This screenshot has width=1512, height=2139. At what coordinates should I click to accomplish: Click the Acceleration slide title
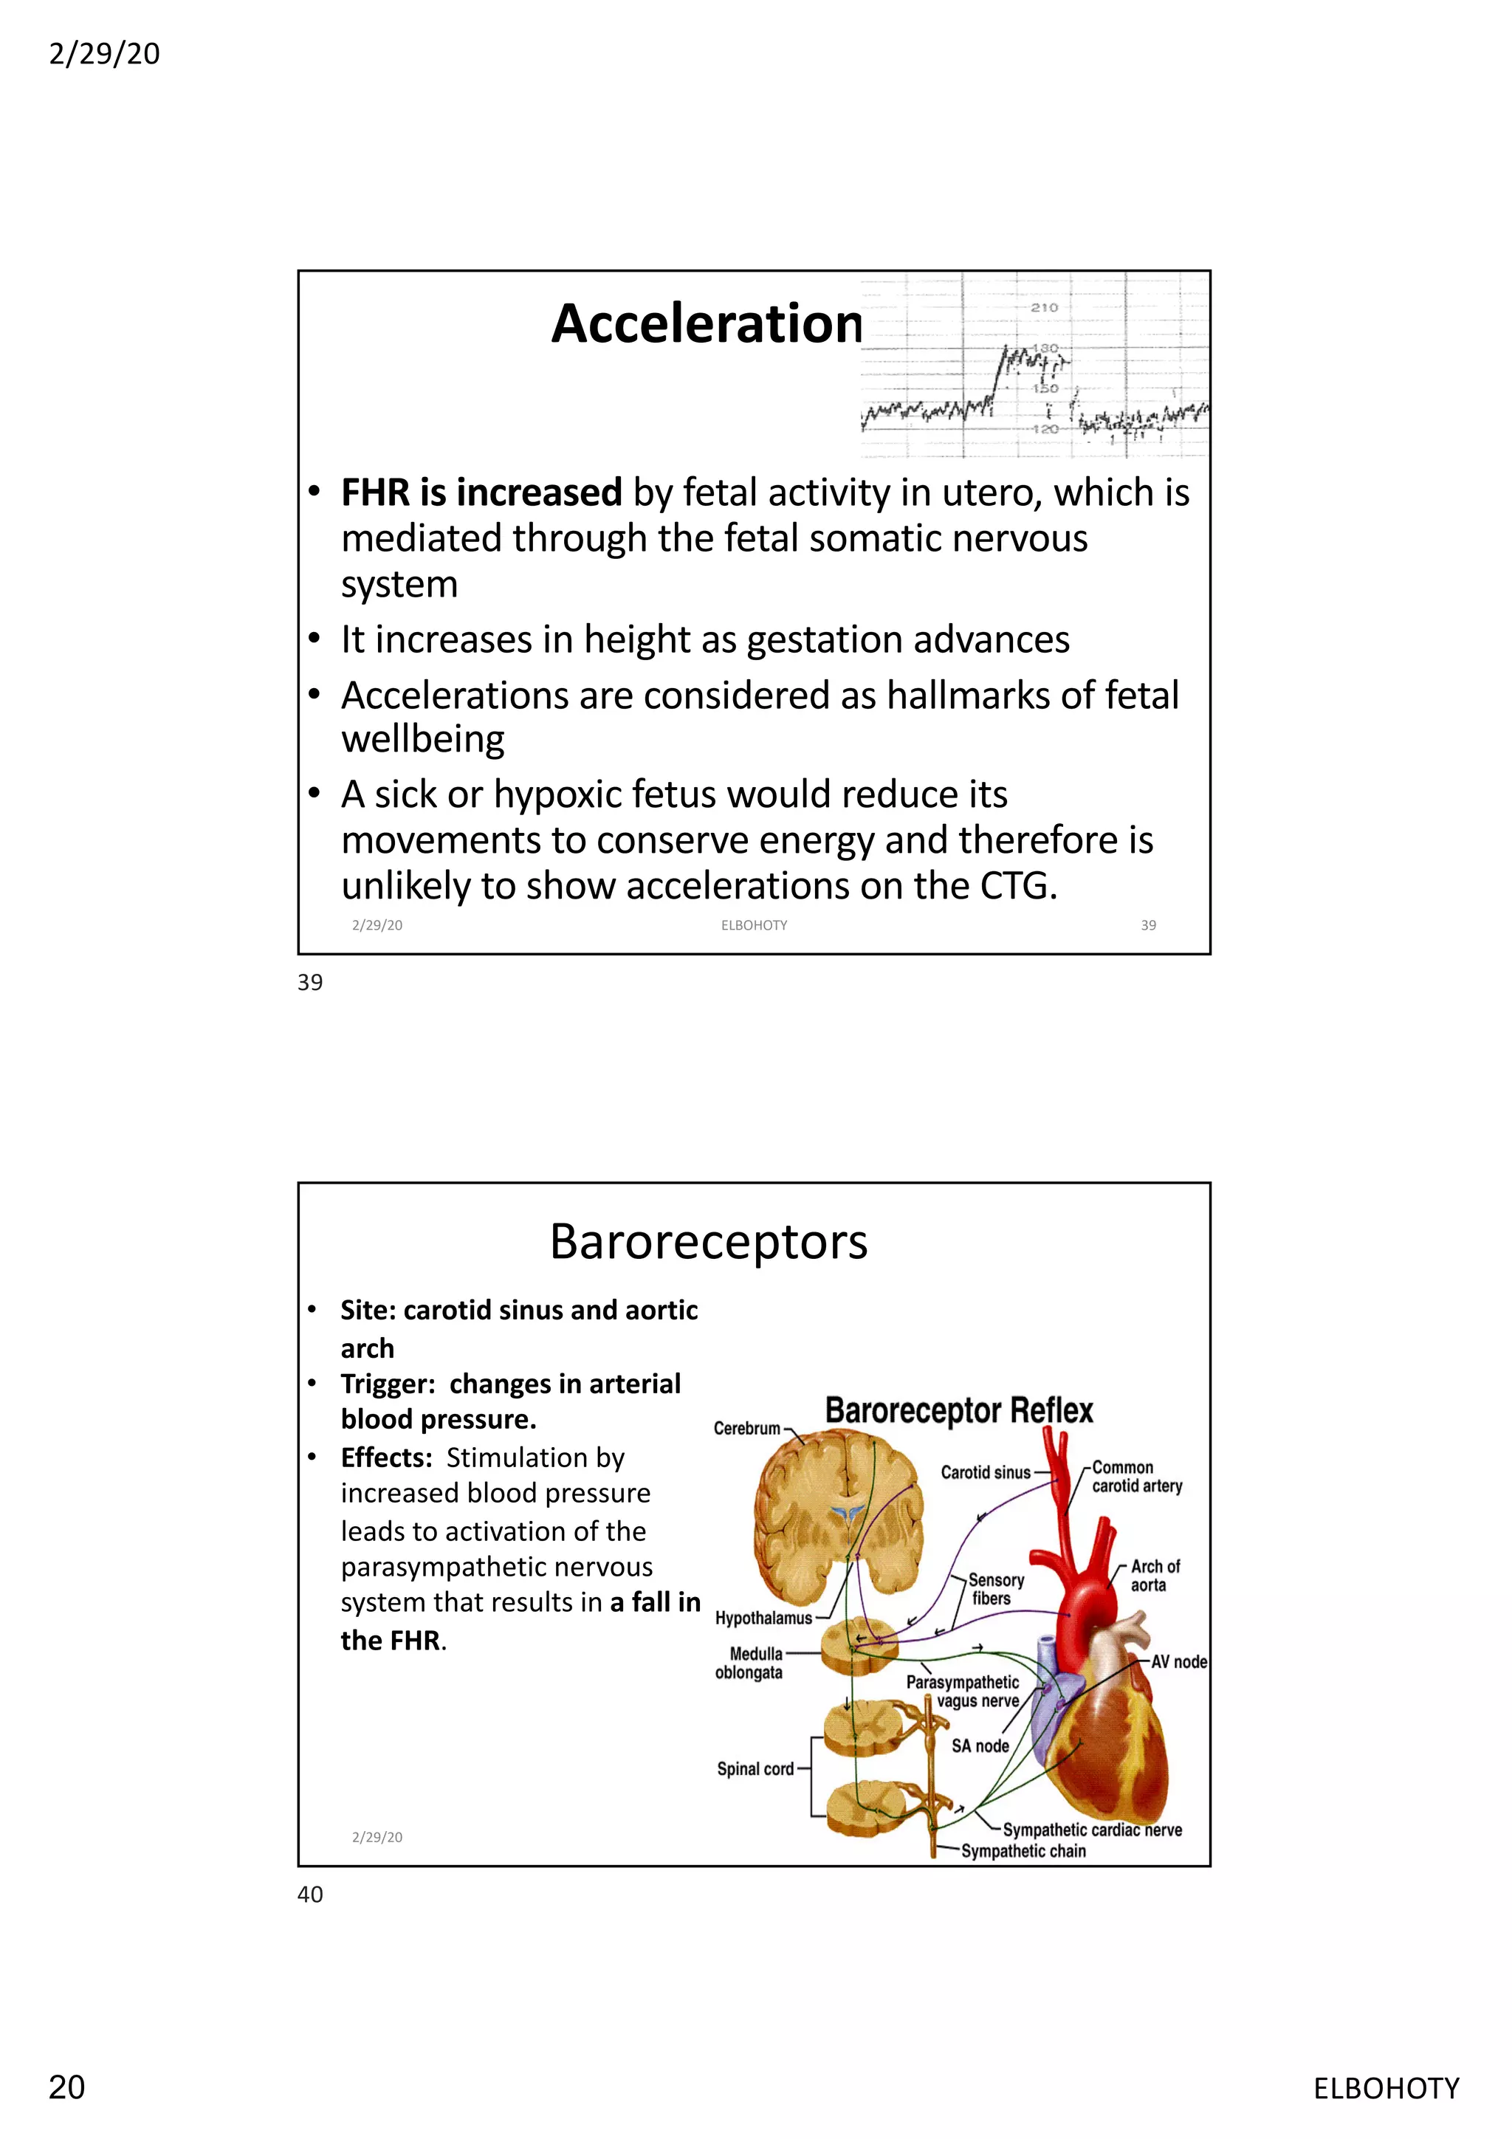click(x=707, y=324)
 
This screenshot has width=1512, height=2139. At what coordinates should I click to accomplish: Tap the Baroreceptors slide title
click(x=708, y=1242)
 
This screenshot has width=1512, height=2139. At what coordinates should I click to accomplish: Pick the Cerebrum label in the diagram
click(x=746, y=1428)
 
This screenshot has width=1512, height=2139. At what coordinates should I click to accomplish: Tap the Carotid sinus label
click(x=985, y=1472)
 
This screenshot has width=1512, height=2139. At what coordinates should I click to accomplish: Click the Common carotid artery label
click(x=1136, y=1477)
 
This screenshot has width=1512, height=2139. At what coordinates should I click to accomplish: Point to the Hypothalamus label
click(x=763, y=1618)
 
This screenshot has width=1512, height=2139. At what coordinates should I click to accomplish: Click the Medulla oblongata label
click(x=750, y=1663)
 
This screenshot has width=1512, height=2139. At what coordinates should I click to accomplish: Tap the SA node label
click(x=980, y=1746)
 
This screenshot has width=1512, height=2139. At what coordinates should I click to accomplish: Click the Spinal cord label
click(x=755, y=1769)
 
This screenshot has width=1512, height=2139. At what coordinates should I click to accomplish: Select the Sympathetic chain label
click(x=1023, y=1851)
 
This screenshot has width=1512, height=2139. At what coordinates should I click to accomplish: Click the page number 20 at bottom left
click(x=66, y=2088)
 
